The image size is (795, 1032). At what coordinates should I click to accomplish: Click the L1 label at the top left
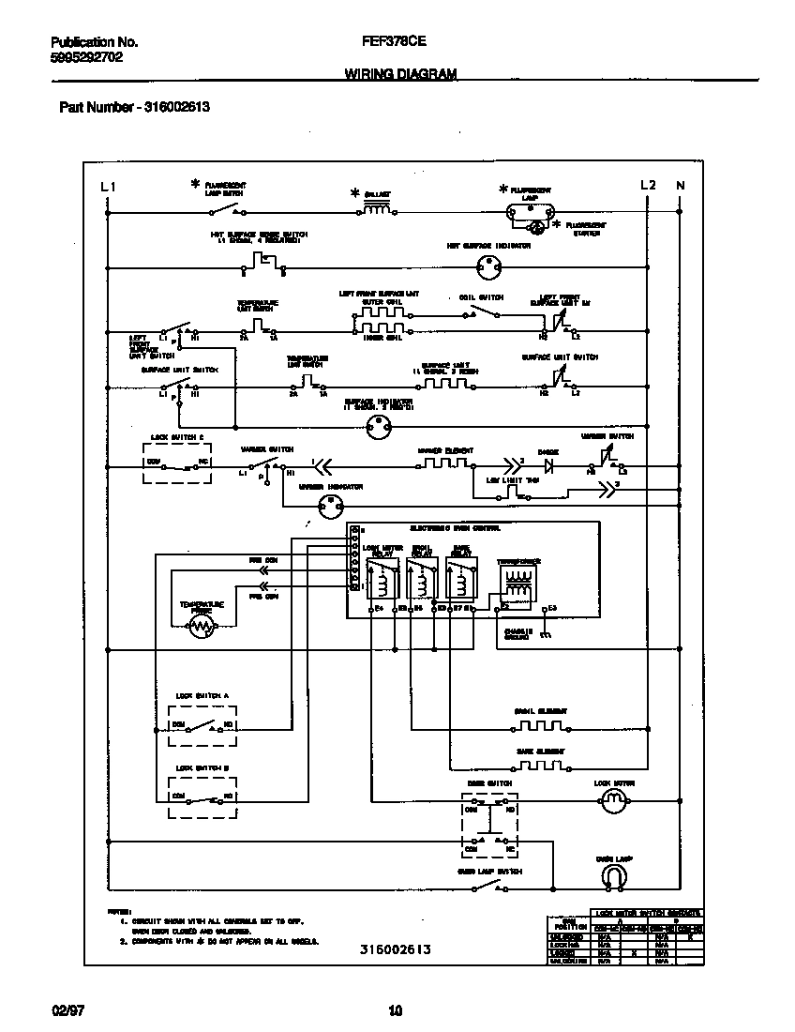[108, 186]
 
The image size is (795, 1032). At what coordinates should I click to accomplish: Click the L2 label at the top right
[648, 186]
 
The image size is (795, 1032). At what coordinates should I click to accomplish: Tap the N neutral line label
[681, 186]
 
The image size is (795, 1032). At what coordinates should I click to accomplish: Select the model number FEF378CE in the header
[387, 42]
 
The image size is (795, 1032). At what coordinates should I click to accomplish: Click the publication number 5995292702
[87, 57]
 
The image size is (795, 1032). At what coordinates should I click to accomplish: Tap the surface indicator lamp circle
[377, 427]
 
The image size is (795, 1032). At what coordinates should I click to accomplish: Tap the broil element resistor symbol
[539, 726]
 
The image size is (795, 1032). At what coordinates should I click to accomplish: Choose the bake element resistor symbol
[539, 765]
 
